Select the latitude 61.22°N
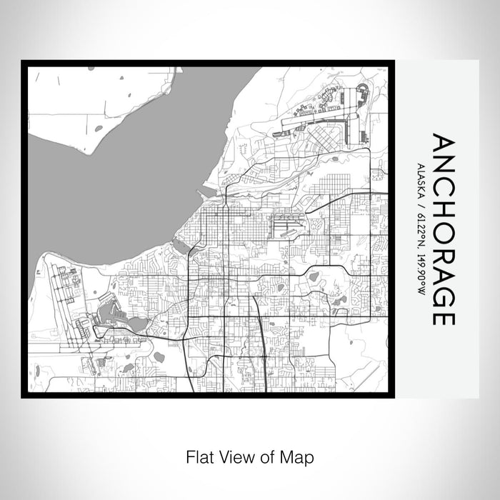(x=418, y=228)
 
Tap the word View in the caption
(x=232, y=455)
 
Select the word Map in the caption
(x=300, y=455)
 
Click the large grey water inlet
(x=121, y=179)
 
